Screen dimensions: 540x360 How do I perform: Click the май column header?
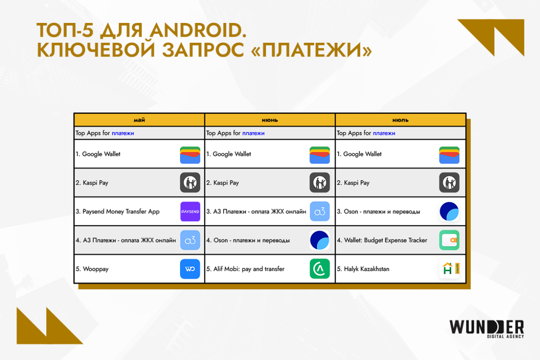(139, 120)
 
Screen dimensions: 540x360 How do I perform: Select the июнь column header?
(270, 120)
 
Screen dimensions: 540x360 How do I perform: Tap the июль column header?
(400, 120)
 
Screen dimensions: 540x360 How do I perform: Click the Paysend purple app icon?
(190, 212)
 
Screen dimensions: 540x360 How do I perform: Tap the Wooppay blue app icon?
(190, 269)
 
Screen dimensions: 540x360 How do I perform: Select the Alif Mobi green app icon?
(320, 269)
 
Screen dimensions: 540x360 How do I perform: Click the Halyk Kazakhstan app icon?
(450, 269)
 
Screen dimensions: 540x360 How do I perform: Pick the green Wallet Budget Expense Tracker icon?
(450, 240)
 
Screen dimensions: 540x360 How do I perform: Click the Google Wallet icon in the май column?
(190, 155)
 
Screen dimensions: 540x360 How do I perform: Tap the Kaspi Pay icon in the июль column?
(450, 183)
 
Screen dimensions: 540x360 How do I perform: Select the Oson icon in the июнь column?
(320, 240)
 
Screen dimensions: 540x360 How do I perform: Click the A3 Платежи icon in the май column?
(190, 240)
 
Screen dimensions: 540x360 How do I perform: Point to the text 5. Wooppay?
(92, 269)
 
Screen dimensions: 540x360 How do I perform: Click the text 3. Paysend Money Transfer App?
(118, 212)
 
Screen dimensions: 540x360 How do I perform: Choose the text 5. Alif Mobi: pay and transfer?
(245, 269)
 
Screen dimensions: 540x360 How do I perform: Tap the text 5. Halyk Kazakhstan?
(363, 269)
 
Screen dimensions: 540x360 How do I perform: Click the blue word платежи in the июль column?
(384, 133)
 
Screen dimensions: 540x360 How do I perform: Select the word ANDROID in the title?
(198, 30)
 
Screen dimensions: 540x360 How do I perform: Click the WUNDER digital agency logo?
(487, 329)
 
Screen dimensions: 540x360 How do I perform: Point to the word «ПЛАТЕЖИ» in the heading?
(312, 51)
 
